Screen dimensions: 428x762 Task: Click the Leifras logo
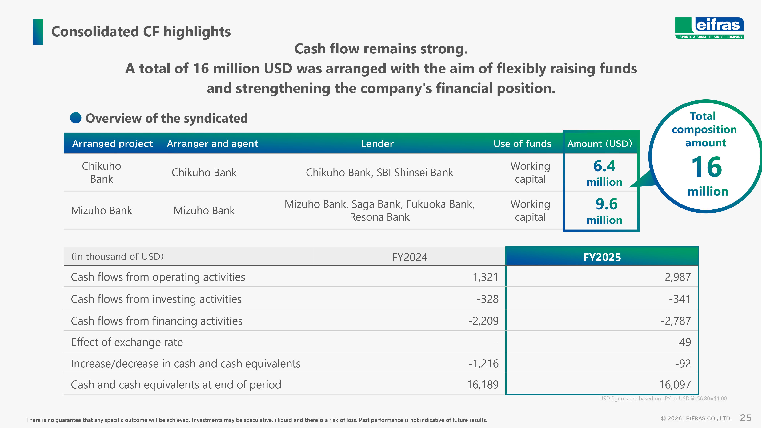click(x=709, y=28)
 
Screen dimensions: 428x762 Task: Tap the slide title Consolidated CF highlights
click(x=141, y=32)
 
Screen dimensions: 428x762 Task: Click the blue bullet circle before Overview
click(x=76, y=118)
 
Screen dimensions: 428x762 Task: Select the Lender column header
click(x=377, y=144)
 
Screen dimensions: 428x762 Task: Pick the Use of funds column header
click(x=522, y=144)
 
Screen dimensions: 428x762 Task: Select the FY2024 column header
click(x=410, y=257)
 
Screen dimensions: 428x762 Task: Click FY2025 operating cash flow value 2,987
click(x=678, y=277)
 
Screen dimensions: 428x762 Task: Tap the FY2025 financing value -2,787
click(x=676, y=321)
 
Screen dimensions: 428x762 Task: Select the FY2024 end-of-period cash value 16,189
click(x=483, y=385)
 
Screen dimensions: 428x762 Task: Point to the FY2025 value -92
click(x=683, y=363)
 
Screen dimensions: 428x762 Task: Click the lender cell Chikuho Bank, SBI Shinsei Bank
click(x=379, y=173)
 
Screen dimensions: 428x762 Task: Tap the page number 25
click(x=745, y=418)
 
